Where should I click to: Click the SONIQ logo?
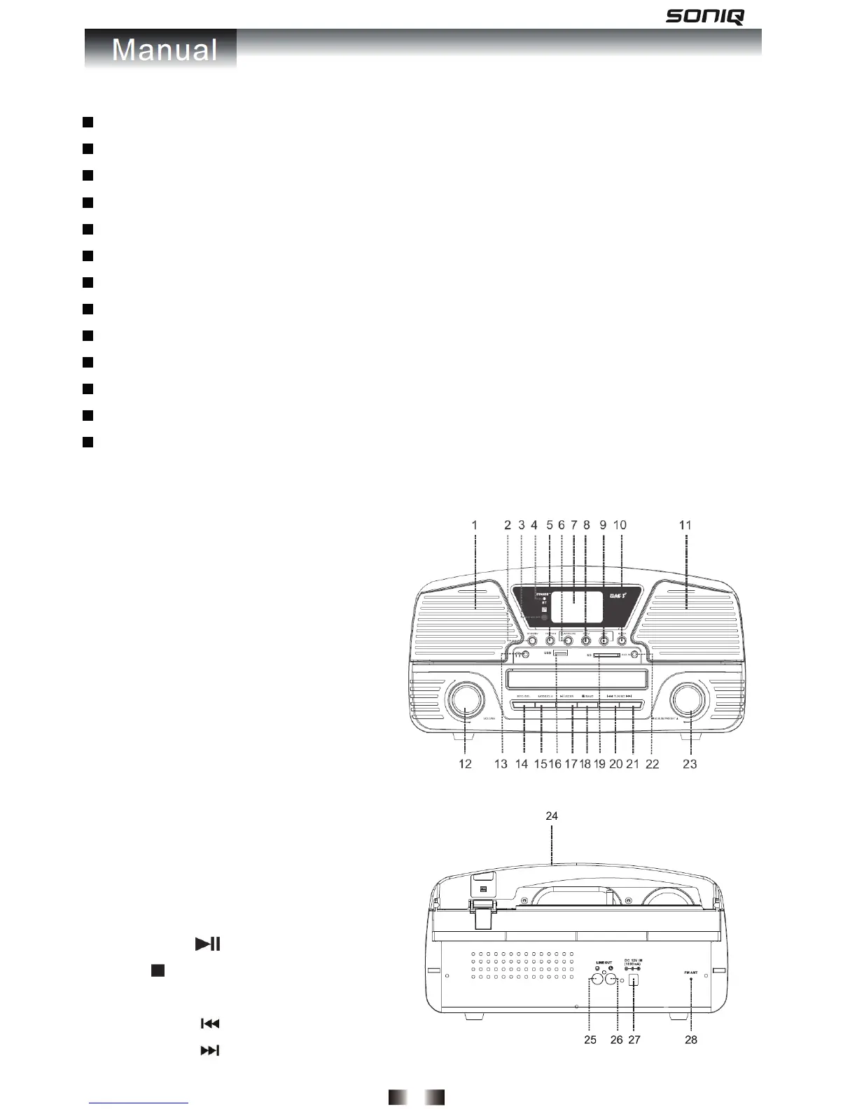704,16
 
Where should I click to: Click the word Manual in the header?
165,50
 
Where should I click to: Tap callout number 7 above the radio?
573,525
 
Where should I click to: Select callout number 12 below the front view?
466,764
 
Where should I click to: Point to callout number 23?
690,764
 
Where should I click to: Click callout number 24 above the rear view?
552,816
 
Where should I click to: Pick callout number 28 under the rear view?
691,1040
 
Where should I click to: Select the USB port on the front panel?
559,654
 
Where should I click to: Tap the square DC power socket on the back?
635,981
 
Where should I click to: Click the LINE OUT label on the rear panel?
604,963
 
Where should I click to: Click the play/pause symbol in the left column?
208,944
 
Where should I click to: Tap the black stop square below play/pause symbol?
157,970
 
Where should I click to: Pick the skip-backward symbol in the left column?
210,1024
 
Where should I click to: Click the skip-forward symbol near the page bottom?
210,1051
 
